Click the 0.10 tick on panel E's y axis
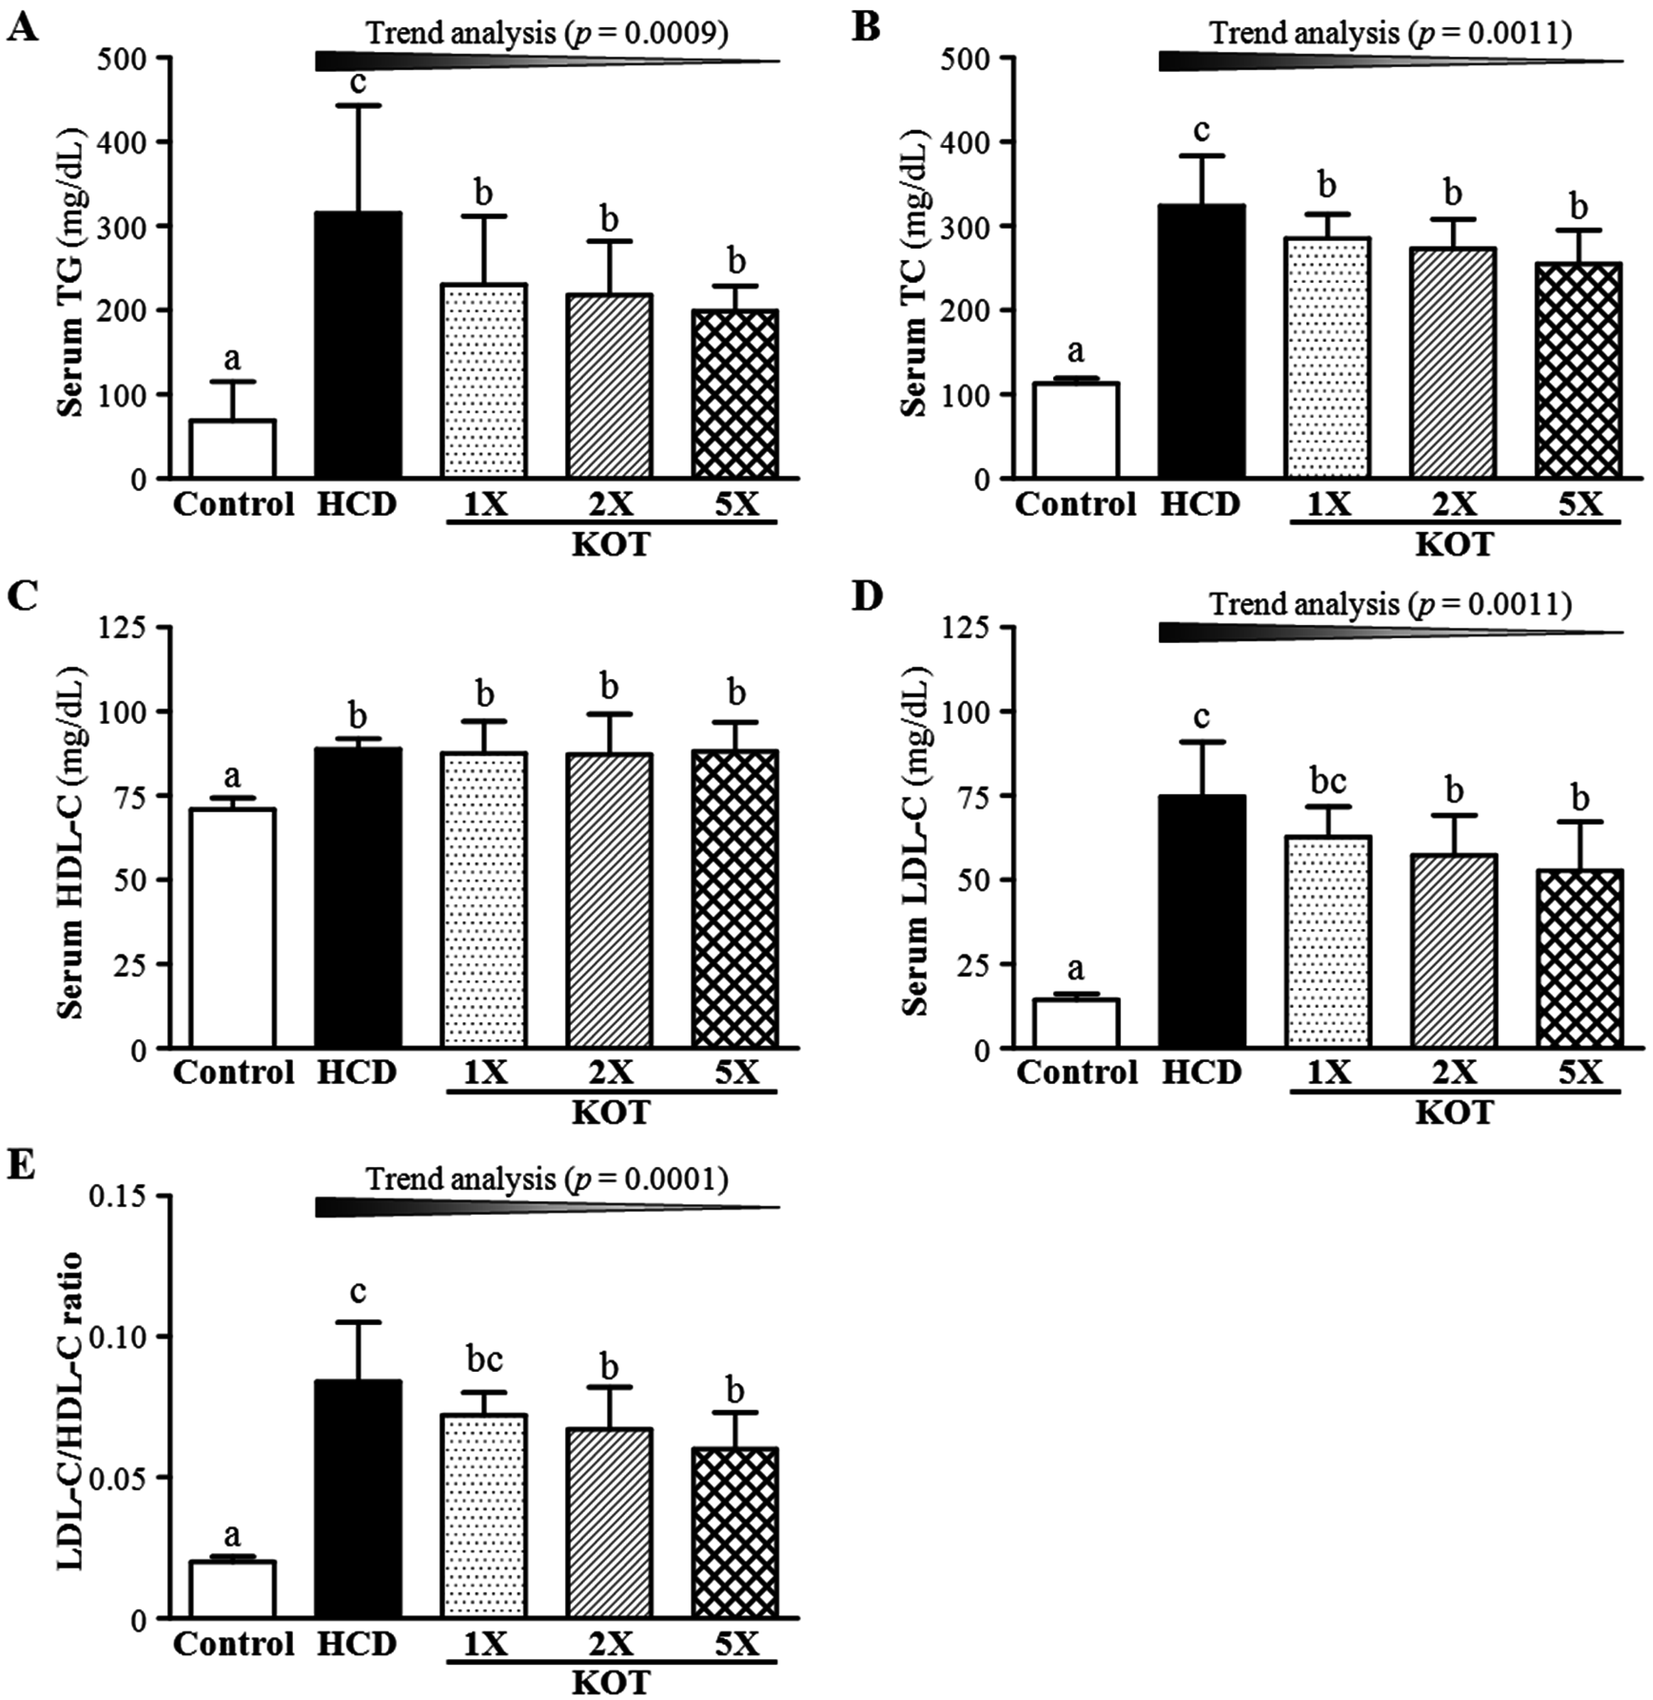click(122, 1336)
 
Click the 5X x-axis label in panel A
click(735, 504)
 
